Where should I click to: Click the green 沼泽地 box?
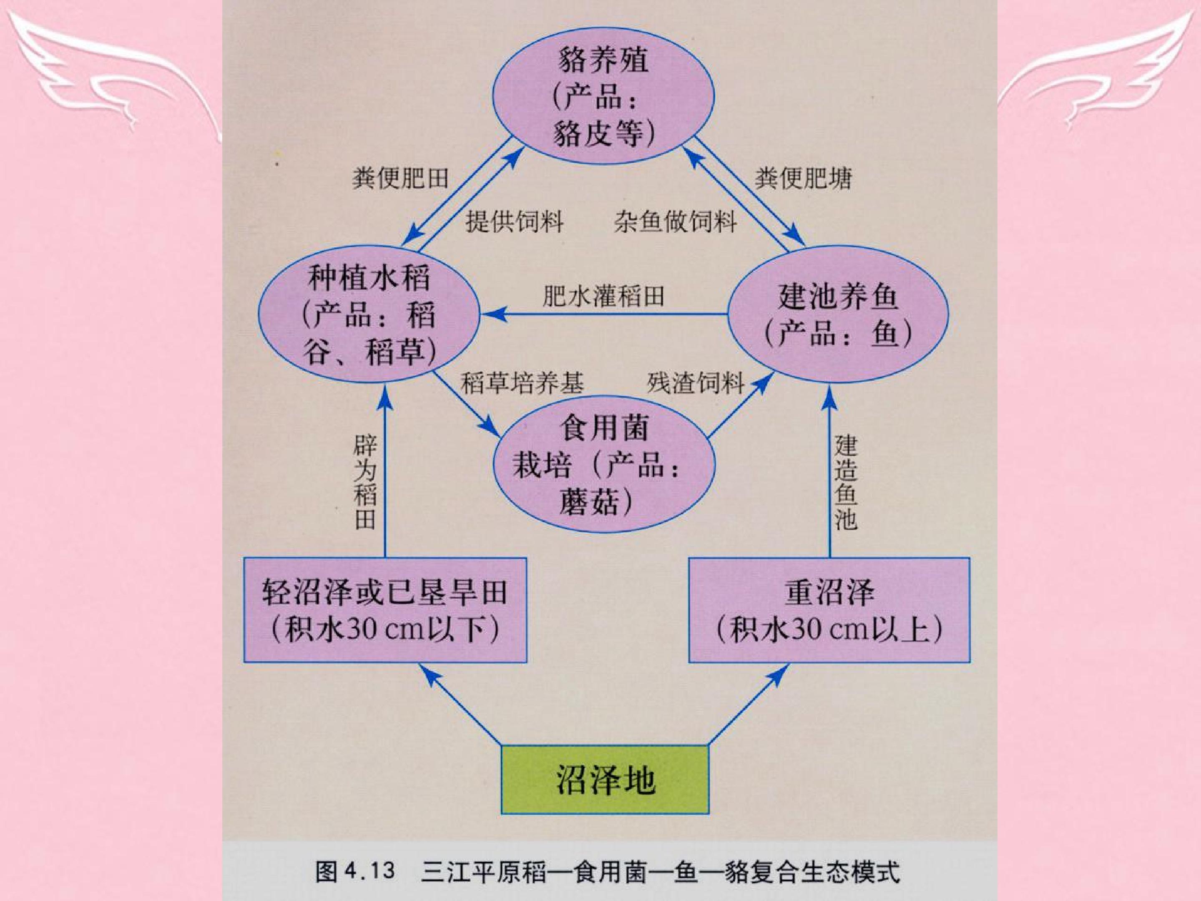pos(604,779)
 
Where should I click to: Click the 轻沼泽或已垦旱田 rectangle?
pos(385,610)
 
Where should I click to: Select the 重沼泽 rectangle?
pos(829,610)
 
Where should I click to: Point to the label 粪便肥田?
pos(401,178)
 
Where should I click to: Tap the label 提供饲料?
pos(514,221)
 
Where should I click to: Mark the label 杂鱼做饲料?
pos(676,221)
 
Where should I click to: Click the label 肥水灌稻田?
pos(603,297)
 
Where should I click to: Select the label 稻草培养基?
pos(523,383)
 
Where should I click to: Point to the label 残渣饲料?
pos(696,383)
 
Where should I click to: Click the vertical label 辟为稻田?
pos(365,482)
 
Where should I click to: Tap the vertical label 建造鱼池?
pos(845,482)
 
